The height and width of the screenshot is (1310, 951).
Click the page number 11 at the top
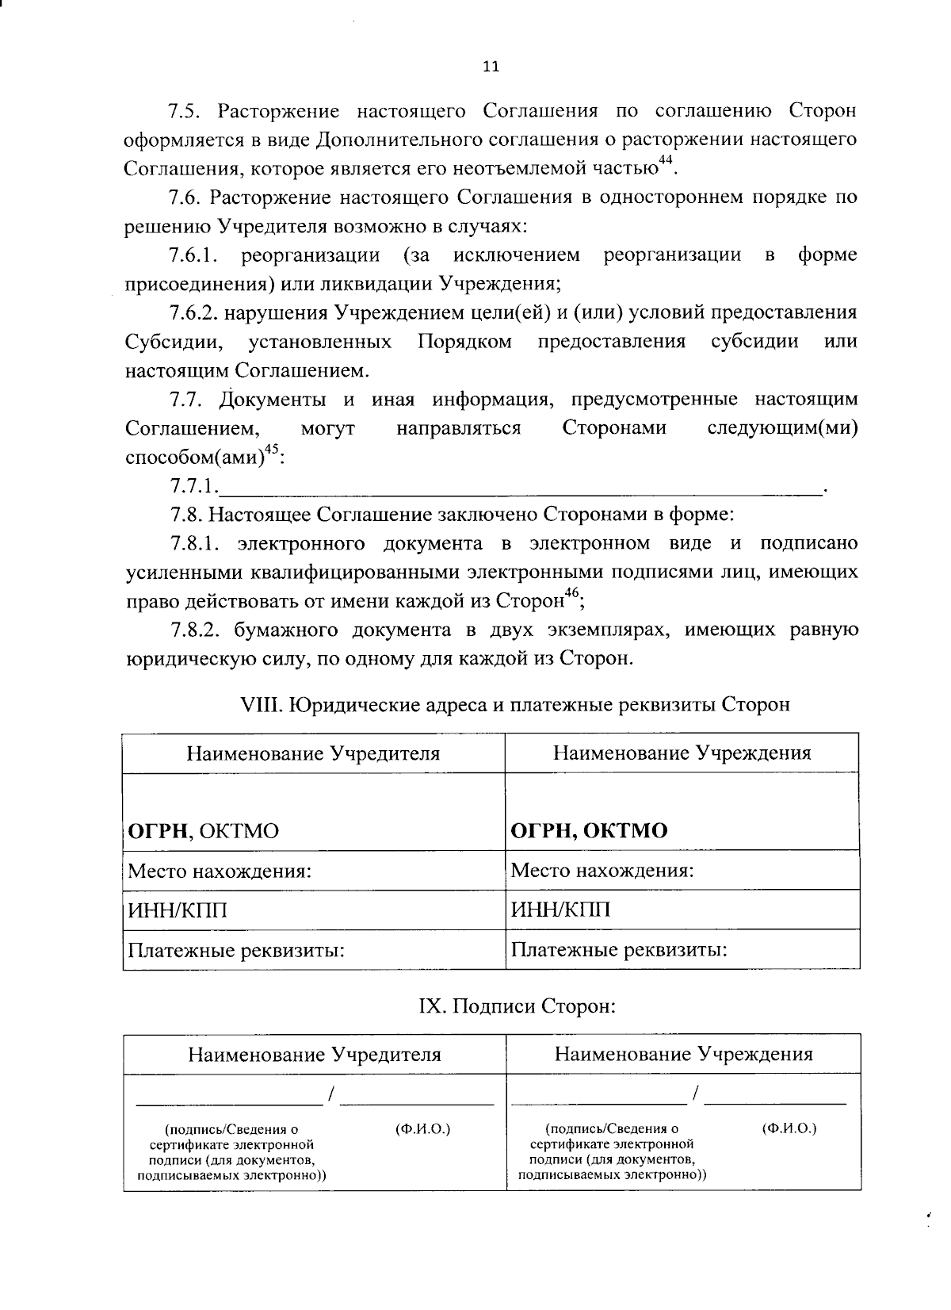(x=491, y=67)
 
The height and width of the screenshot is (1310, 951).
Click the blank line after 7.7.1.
(x=523, y=487)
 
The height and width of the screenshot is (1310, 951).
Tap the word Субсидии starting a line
(x=173, y=342)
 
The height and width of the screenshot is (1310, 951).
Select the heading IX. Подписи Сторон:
(x=517, y=1006)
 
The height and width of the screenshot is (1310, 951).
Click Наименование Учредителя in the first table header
(x=313, y=753)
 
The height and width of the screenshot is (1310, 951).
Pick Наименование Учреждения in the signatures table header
(x=683, y=1054)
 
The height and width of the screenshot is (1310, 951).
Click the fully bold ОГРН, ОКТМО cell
(x=589, y=831)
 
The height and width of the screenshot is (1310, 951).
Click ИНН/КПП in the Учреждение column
(x=560, y=910)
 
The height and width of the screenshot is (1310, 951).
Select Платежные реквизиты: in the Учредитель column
(x=236, y=949)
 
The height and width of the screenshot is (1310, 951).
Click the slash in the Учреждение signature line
(x=695, y=1094)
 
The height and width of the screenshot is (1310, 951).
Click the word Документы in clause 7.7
(x=276, y=399)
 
